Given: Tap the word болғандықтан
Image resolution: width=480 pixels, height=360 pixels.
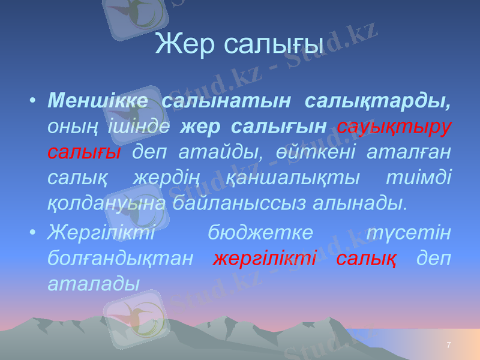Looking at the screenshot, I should click(120, 258).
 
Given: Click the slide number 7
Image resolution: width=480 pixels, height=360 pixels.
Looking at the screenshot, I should click(449, 344).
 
